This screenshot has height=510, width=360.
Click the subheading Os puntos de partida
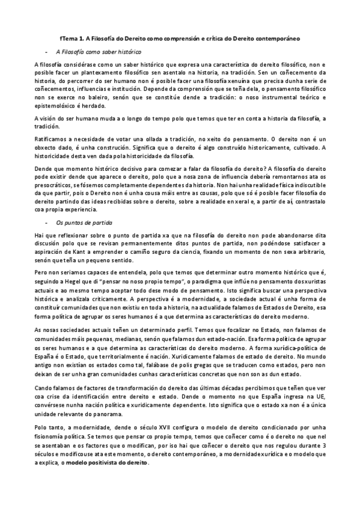tap(81, 222)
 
